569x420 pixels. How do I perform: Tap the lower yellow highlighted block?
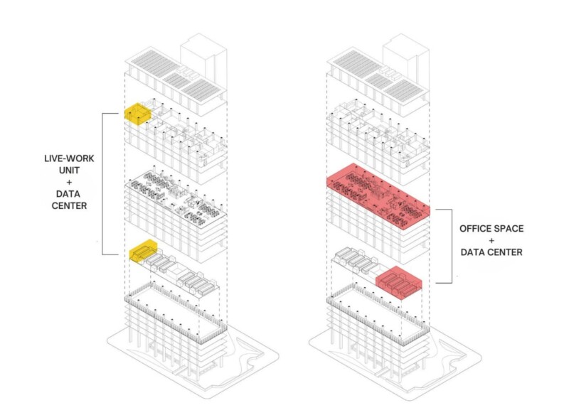(142, 252)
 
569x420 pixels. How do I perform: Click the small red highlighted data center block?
(399, 282)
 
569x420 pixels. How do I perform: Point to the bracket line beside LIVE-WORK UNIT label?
(103, 183)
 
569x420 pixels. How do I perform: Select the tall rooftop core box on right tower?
(405, 53)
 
